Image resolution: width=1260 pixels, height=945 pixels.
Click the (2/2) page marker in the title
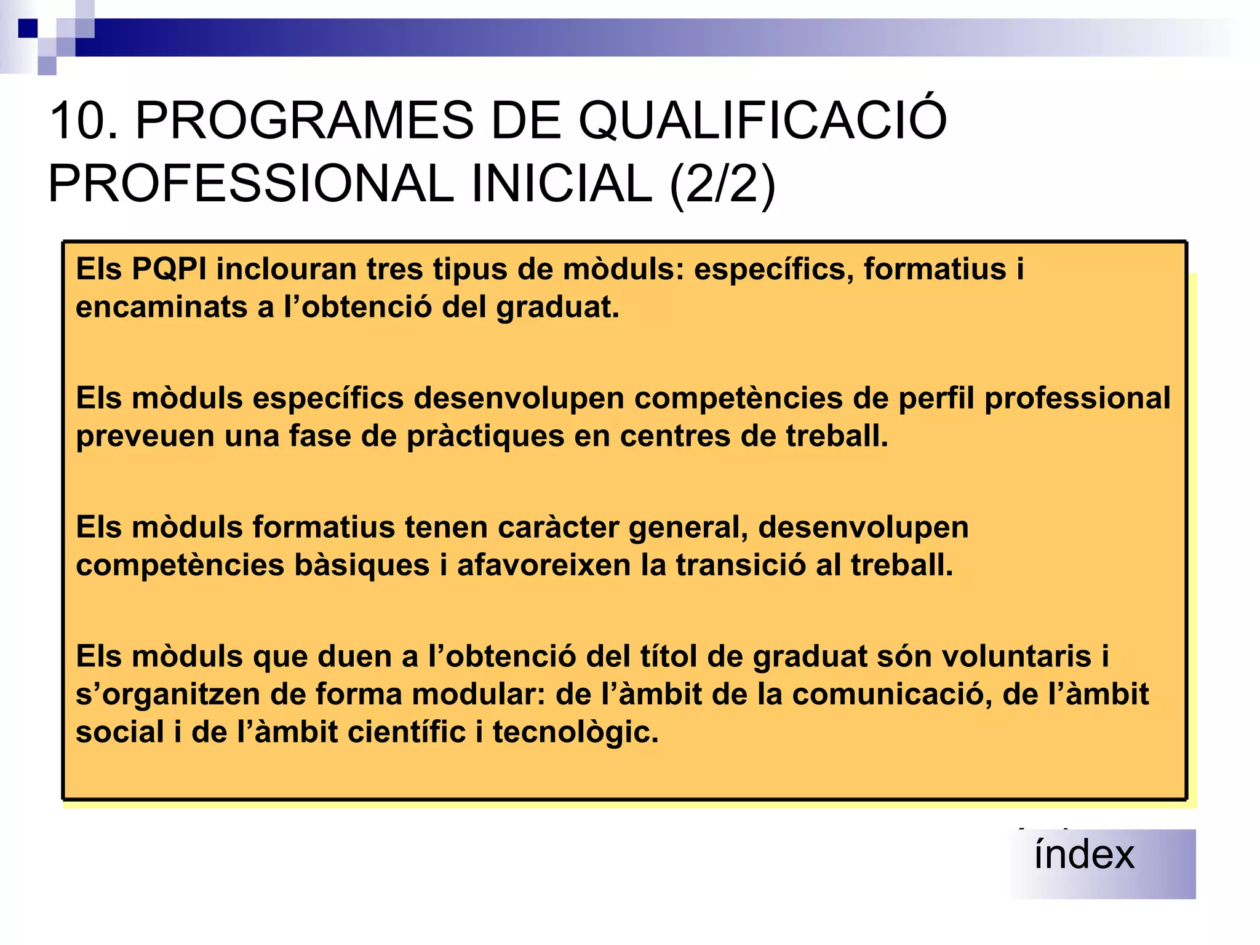pos(722,184)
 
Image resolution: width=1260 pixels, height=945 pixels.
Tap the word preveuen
pos(145,436)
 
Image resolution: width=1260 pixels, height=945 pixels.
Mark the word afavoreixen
pos(544,565)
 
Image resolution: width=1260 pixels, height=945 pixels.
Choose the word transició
pos(741,565)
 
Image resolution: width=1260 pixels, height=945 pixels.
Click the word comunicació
pos(891,695)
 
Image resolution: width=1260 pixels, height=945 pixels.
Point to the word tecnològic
pos(575,733)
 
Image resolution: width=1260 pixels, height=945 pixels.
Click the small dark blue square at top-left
pos(28,28)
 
